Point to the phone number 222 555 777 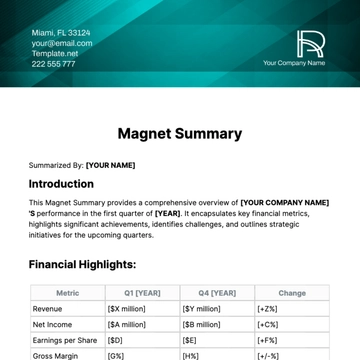click(52, 63)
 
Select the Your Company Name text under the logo click(294, 63)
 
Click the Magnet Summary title click(180, 133)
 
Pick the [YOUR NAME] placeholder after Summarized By click(110, 165)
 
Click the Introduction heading click(68, 184)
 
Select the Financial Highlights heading click(82, 265)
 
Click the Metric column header click(68, 294)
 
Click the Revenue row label click(48, 310)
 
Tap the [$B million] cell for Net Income click(203, 325)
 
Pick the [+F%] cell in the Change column click(268, 340)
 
